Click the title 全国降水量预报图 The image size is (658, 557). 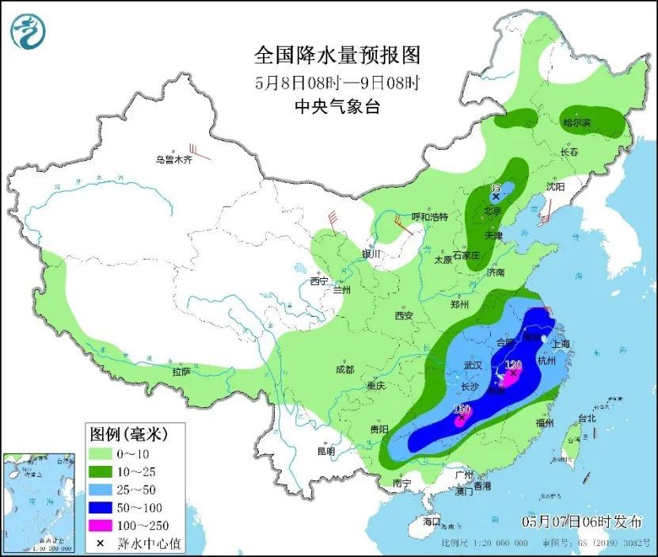337,55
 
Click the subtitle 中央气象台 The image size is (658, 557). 337,107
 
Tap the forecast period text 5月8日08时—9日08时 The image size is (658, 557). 337,82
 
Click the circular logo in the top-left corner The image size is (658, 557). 29,31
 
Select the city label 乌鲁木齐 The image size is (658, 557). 173,159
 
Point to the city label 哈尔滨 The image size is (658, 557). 576,122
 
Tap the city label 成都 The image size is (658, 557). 344,369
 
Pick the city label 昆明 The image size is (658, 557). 326,451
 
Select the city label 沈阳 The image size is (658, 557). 556,187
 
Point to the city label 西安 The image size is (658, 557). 403,315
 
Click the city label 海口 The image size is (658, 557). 431,523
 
